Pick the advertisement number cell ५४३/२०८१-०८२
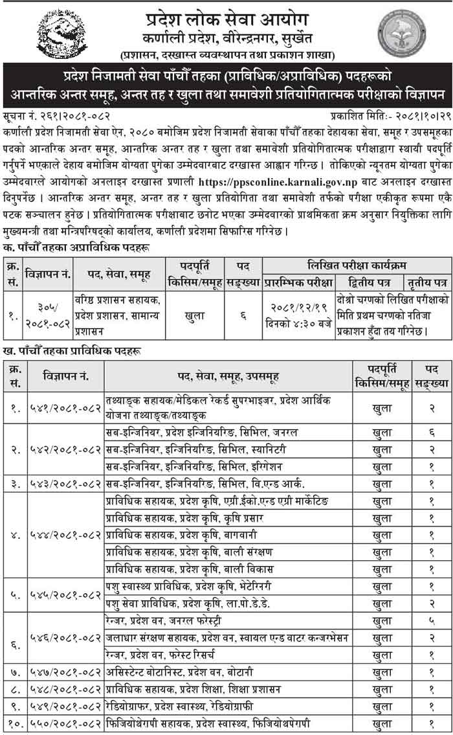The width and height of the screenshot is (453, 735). click(x=65, y=482)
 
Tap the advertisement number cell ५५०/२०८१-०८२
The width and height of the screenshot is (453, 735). click(x=65, y=723)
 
